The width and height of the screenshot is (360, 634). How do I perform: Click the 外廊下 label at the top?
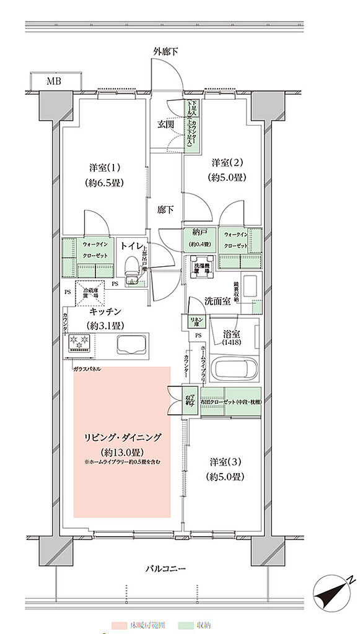tap(165, 51)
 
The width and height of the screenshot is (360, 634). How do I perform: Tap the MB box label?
tap(56, 80)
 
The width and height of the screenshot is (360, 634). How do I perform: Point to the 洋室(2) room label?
tap(229, 163)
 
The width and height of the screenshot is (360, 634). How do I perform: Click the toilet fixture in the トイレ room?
tap(131, 267)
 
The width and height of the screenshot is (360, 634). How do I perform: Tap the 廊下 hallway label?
tap(165, 209)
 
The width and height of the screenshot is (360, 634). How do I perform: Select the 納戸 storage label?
tap(198, 234)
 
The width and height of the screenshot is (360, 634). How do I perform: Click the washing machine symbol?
tap(201, 265)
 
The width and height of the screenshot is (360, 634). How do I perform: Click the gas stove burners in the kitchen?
tap(79, 343)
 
